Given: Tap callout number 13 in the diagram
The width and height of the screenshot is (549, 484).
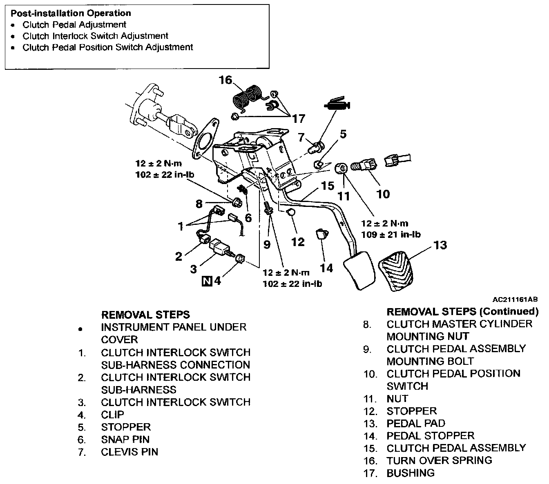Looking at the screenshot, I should click(440, 245).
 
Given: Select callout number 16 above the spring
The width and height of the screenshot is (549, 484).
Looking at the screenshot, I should click(225, 80).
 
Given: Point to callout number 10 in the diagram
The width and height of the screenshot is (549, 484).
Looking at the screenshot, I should click(383, 194).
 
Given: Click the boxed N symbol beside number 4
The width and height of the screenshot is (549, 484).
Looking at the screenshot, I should click(208, 281).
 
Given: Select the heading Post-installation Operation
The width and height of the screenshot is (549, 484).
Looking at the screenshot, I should click(71, 13).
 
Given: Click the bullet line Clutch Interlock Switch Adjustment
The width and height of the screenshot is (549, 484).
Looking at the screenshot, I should click(95, 36).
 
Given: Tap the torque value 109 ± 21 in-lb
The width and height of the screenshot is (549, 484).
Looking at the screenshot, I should click(391, 235).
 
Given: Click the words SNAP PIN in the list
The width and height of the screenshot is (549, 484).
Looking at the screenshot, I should click(125, 439).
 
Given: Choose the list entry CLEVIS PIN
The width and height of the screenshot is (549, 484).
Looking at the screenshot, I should click(129, 452).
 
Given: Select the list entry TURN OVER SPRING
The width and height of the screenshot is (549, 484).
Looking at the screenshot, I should click(439, 460).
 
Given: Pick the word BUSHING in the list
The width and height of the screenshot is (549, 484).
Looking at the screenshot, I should click(411, 473).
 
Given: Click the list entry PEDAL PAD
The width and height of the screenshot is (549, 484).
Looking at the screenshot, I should click(416, 423).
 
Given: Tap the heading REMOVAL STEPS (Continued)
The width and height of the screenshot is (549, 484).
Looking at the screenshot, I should click(462, 312).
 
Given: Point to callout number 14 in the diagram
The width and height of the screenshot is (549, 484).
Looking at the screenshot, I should click(326, 268).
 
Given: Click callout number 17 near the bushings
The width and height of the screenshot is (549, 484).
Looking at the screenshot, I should click(299, 119).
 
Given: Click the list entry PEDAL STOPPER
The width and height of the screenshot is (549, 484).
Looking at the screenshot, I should click(431, 435).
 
